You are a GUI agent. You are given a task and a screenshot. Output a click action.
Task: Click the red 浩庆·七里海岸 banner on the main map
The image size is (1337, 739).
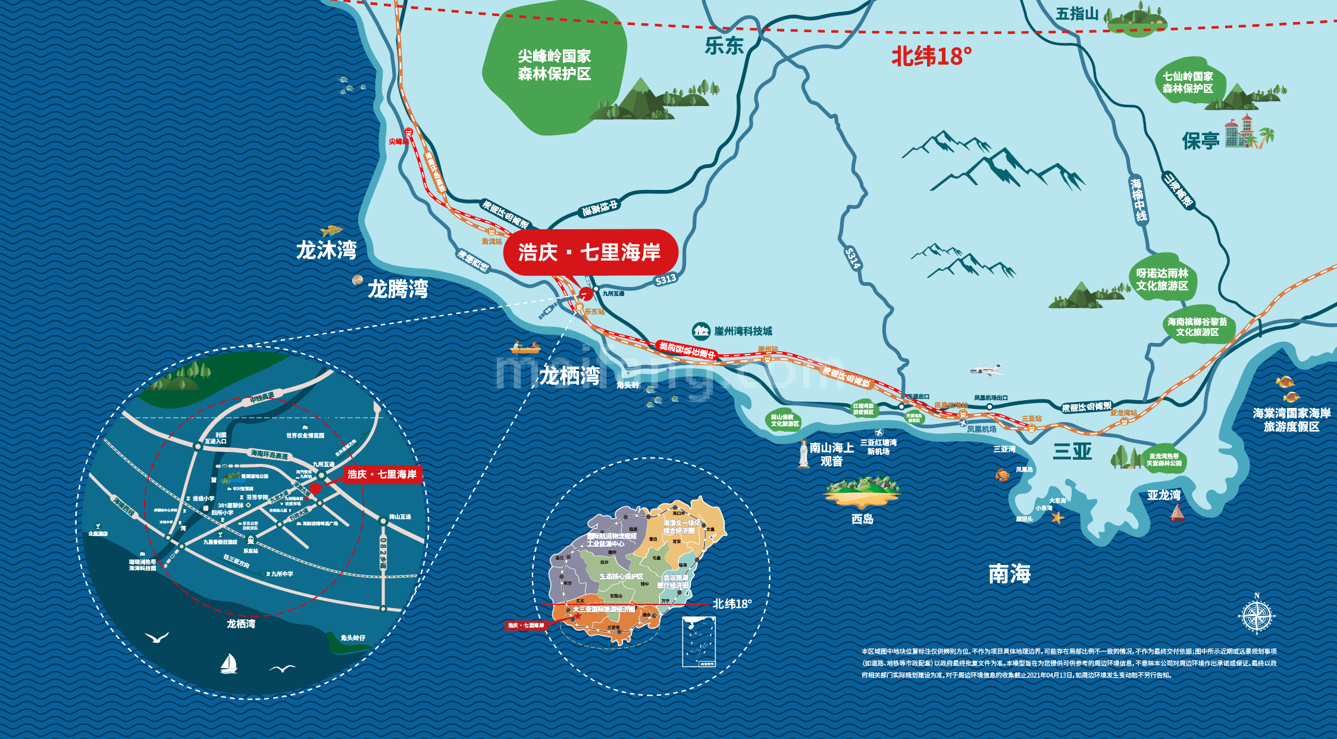point(590,252)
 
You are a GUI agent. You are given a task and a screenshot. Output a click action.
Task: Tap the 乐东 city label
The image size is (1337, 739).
point(724,46)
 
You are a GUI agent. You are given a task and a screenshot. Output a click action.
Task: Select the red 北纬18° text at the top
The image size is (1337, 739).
point(931,57)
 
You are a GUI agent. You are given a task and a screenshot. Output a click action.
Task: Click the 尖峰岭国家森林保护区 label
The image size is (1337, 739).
point(554,65)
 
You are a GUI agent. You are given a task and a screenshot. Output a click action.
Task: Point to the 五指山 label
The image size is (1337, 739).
point(1077,14)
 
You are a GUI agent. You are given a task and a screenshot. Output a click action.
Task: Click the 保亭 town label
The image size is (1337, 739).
point(1200,141)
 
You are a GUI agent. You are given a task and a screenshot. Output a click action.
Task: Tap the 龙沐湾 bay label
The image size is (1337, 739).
point(326,250)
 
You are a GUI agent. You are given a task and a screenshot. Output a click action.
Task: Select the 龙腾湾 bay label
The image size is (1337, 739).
point(397,289)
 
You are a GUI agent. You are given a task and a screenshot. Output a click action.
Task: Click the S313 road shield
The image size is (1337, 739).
point(665,279)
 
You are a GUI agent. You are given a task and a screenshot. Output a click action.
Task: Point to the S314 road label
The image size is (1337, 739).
point(853,258)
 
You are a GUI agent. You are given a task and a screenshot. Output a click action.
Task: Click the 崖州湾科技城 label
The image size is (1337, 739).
point(743,331)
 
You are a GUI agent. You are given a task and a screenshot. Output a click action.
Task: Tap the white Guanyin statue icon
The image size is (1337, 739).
point(804,454)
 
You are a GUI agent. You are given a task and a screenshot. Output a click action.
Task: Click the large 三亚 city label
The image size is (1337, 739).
point(1072,451)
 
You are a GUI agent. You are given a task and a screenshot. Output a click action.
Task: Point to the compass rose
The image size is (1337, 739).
point(1256,615)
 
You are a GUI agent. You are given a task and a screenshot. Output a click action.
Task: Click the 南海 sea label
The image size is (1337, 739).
point(1009,574)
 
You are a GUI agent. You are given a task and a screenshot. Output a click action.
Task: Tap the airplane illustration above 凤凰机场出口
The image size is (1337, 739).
point(987,370)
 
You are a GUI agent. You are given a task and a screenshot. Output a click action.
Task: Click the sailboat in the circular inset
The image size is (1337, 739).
point(229,664)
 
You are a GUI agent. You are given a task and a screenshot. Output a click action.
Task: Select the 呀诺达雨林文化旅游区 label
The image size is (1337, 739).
point(1161,279)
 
